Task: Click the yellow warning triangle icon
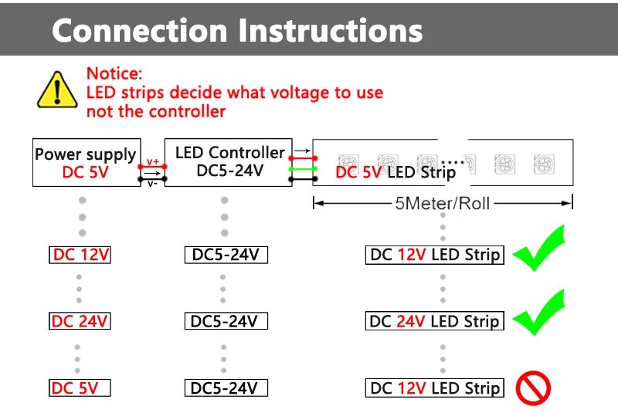pyautogui.click(x=56, y=89)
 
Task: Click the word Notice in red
pyautogui.click(x=114, y=74)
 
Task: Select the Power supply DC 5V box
pyautogui.click(x=85, y=163)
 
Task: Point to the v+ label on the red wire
pyautogui.click(x=153, y=161)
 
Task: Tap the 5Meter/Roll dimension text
pyautogui.click(x=443, y=204)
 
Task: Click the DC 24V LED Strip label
pyautogui.click(x=434, y=321)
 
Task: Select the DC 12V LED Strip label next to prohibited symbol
pyautogui.click(x=434, y=388)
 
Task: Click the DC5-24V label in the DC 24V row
pyautogui.click(x=224, y=321)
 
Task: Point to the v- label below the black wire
pyautogui.click(x=153, y=184)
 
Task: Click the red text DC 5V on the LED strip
pyautogui.click(x=358, y=172)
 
